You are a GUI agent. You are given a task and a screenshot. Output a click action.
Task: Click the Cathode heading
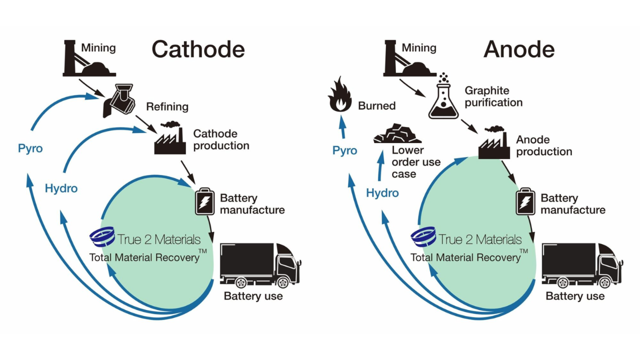(198, 49)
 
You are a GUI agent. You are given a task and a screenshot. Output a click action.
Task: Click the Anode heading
(519, 49)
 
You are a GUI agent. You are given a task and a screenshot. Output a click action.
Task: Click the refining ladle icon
(118, 100)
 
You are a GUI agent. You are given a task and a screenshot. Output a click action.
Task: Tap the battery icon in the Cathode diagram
(205, 201)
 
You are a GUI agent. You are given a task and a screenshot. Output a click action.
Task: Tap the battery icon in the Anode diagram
(525, 201)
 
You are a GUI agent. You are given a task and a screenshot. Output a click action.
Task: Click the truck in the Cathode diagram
(260, 265)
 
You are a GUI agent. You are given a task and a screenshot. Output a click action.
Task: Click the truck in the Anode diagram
(581, 265)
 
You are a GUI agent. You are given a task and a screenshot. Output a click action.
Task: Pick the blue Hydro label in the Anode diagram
(382, 193)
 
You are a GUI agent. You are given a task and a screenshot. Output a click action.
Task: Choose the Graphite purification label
(493, 96)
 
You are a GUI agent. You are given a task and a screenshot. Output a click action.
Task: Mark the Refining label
(167, 106)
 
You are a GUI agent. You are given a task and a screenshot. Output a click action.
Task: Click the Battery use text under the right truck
(574, 296)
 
